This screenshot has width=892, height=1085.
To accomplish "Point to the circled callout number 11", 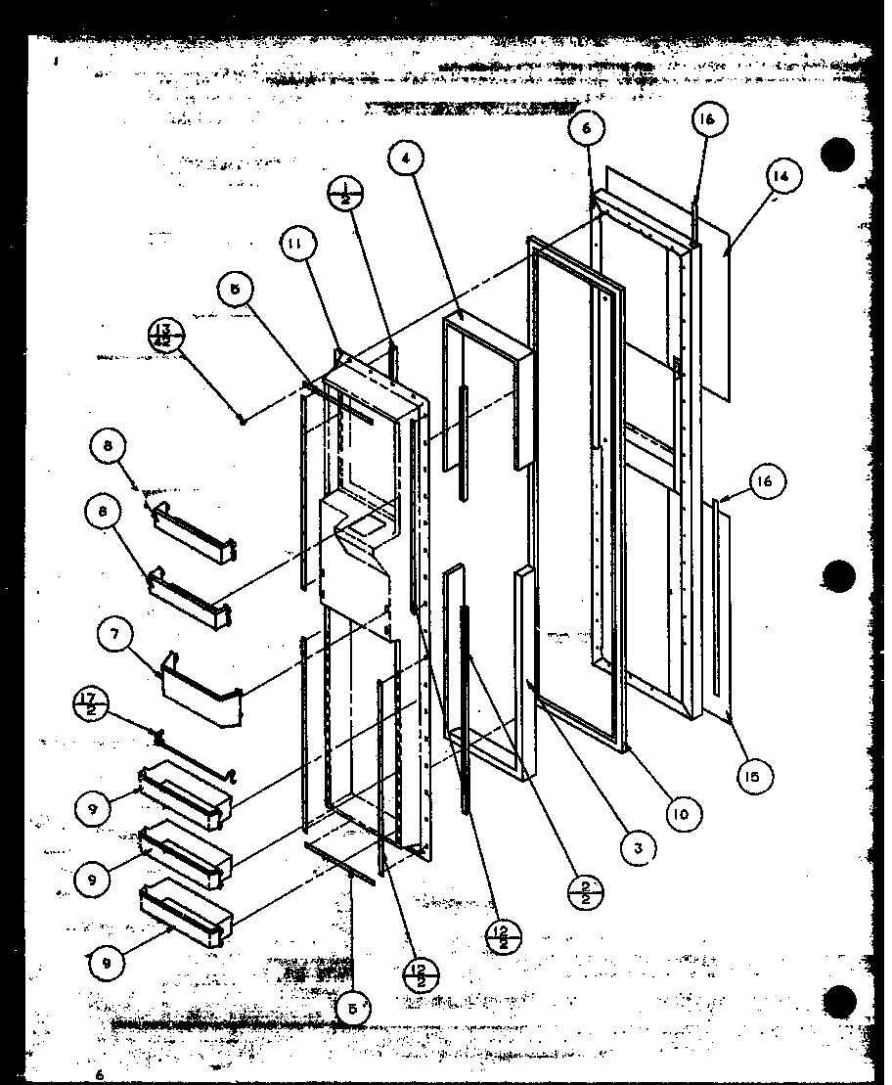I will (294, 246).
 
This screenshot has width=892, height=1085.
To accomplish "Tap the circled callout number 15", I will (754, 776).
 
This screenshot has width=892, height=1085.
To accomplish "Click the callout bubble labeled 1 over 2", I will (345, 192).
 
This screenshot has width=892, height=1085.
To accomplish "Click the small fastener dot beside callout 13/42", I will (241, 420).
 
